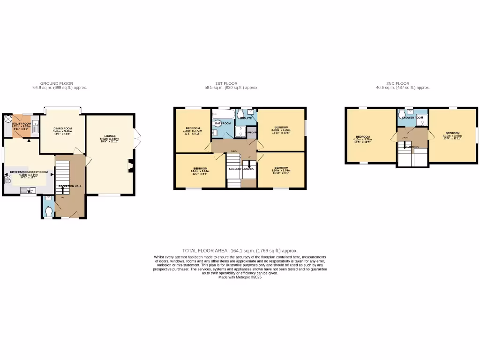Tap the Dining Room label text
pos(62,128)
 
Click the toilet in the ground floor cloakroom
pos(49,211)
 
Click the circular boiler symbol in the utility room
pos(8,120)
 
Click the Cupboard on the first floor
pos(252,132)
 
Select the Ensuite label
pos(246,118)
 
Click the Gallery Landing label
pos(242,169)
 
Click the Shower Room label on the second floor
pos(412,117)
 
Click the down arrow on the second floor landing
pos(405,146)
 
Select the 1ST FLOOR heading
pos(231,83)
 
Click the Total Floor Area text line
pos(240,251)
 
